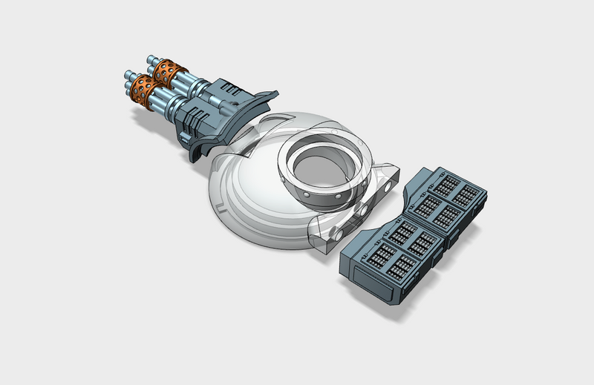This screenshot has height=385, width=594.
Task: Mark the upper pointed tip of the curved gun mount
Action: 272,93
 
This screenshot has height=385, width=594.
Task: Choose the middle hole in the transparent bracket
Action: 362,211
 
